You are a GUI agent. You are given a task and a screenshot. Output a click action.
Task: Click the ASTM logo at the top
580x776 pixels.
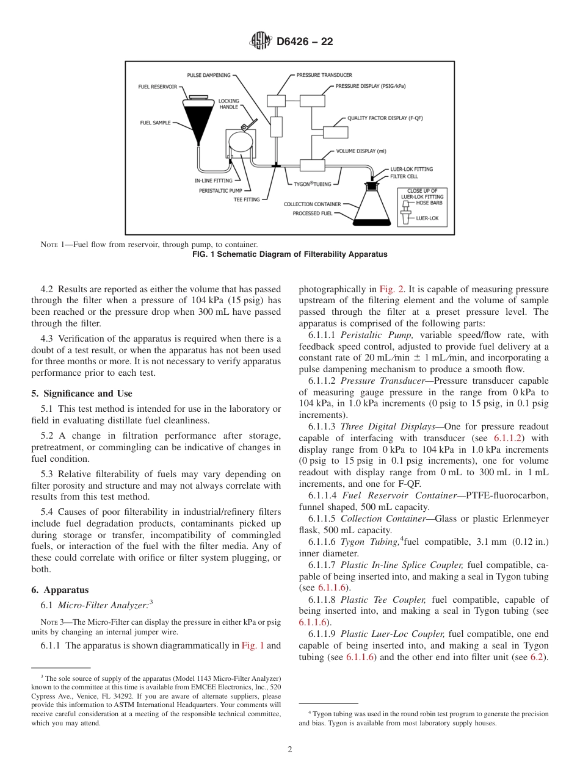pos(261,41)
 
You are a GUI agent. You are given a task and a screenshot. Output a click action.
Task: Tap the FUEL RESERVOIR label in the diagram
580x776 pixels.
pos(157,87)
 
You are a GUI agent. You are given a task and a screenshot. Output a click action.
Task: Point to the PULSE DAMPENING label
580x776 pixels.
pos(208,75)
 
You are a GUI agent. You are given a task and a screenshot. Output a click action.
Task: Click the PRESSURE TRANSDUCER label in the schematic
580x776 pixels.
pos(324,75)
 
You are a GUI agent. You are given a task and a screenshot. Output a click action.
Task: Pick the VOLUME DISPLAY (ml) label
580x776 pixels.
pos(361,151)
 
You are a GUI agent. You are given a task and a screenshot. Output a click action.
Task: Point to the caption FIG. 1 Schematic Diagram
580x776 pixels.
pos(289,254)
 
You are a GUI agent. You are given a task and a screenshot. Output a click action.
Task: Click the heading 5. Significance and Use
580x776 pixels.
pos(81,393)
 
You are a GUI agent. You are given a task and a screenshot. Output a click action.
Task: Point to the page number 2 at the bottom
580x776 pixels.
pos(289,750)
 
